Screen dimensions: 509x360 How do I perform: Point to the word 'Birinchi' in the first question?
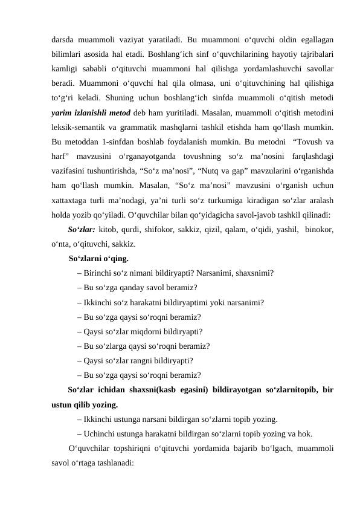tap(99, 273)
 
